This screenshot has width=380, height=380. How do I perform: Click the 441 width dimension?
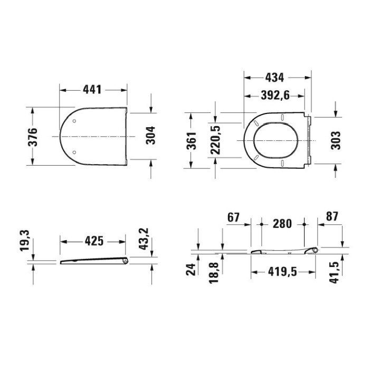click(x=92, y=90)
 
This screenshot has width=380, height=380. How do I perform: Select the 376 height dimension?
click(x=33, y=137)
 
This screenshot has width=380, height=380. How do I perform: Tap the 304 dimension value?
click(x=150, y=137)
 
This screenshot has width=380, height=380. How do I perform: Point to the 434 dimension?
click(x=274, y=78)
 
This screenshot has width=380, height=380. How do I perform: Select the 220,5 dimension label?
click(x=215, y=140)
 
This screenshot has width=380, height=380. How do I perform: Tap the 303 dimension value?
click(x=336, y=140)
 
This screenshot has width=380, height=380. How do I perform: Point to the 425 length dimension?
click(x=93, y=242)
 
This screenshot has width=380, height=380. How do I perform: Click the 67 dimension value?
click(x=234, y=217)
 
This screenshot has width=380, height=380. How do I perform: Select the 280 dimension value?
click(x=283, y=223)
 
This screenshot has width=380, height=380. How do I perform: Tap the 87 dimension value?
click(x=332, y=217)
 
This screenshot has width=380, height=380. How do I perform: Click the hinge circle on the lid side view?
click(x=124, y=260)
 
